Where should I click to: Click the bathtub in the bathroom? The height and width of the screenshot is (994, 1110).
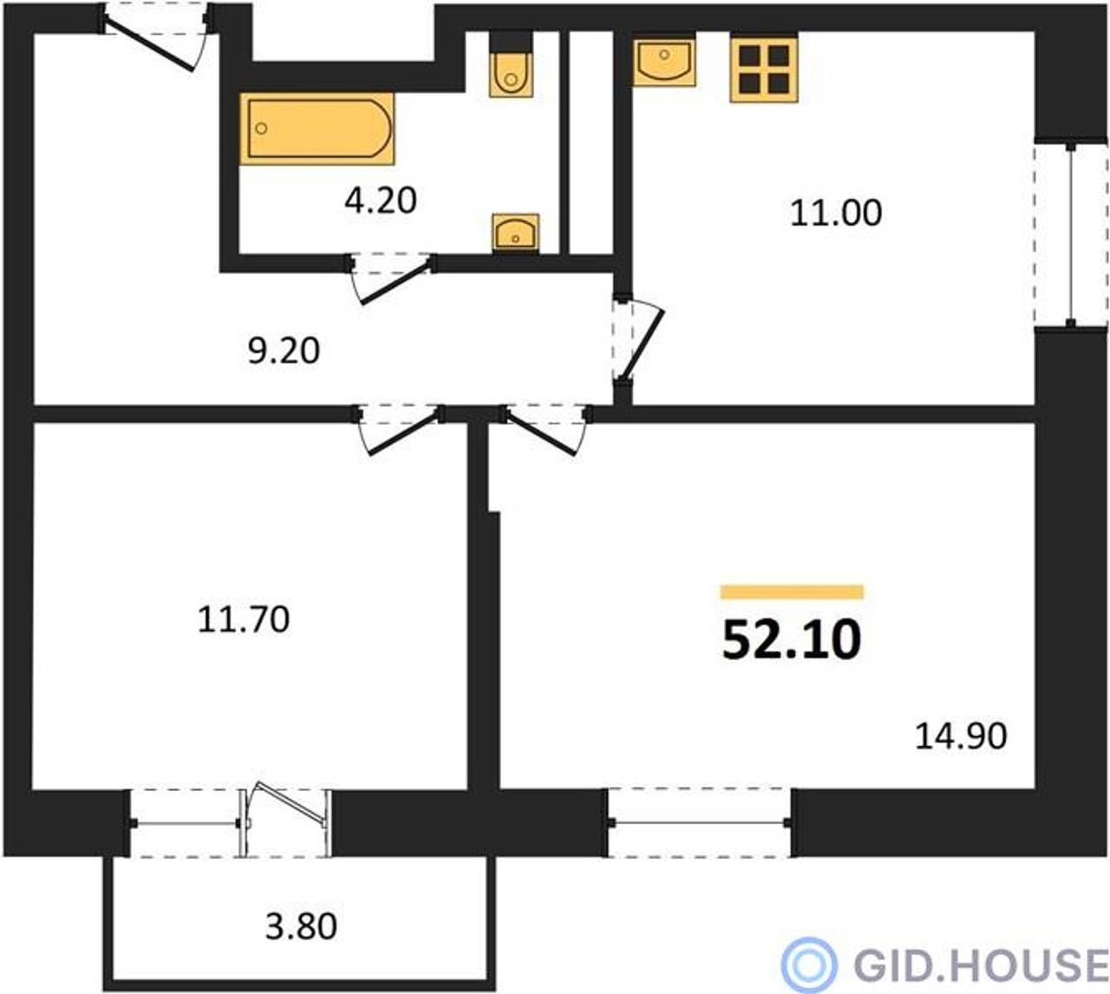coord(317,128)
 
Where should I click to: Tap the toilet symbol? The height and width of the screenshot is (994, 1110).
coord(511,65)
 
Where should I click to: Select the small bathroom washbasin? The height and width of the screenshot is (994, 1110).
coord(515,232)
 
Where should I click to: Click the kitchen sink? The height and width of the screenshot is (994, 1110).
coord(664,59)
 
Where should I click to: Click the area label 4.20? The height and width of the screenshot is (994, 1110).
coord(380,200)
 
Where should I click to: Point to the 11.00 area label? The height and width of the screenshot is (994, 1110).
coord(835,213)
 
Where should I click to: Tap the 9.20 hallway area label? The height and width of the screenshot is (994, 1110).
coord(284,350)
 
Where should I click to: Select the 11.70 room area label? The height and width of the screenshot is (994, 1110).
coord(244,620)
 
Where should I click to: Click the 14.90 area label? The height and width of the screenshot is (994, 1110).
coord(961,736)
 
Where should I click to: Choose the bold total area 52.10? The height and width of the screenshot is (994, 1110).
coord(792,641)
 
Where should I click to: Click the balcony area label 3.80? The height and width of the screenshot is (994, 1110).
coord(301,926)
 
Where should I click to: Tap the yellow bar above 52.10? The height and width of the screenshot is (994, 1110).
coord(792,592)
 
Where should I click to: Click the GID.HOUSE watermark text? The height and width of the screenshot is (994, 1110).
coord(981,964)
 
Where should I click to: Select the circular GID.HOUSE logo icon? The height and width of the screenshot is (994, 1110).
coord(809,964)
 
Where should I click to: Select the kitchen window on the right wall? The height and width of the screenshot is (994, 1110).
coord(1071,236)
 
